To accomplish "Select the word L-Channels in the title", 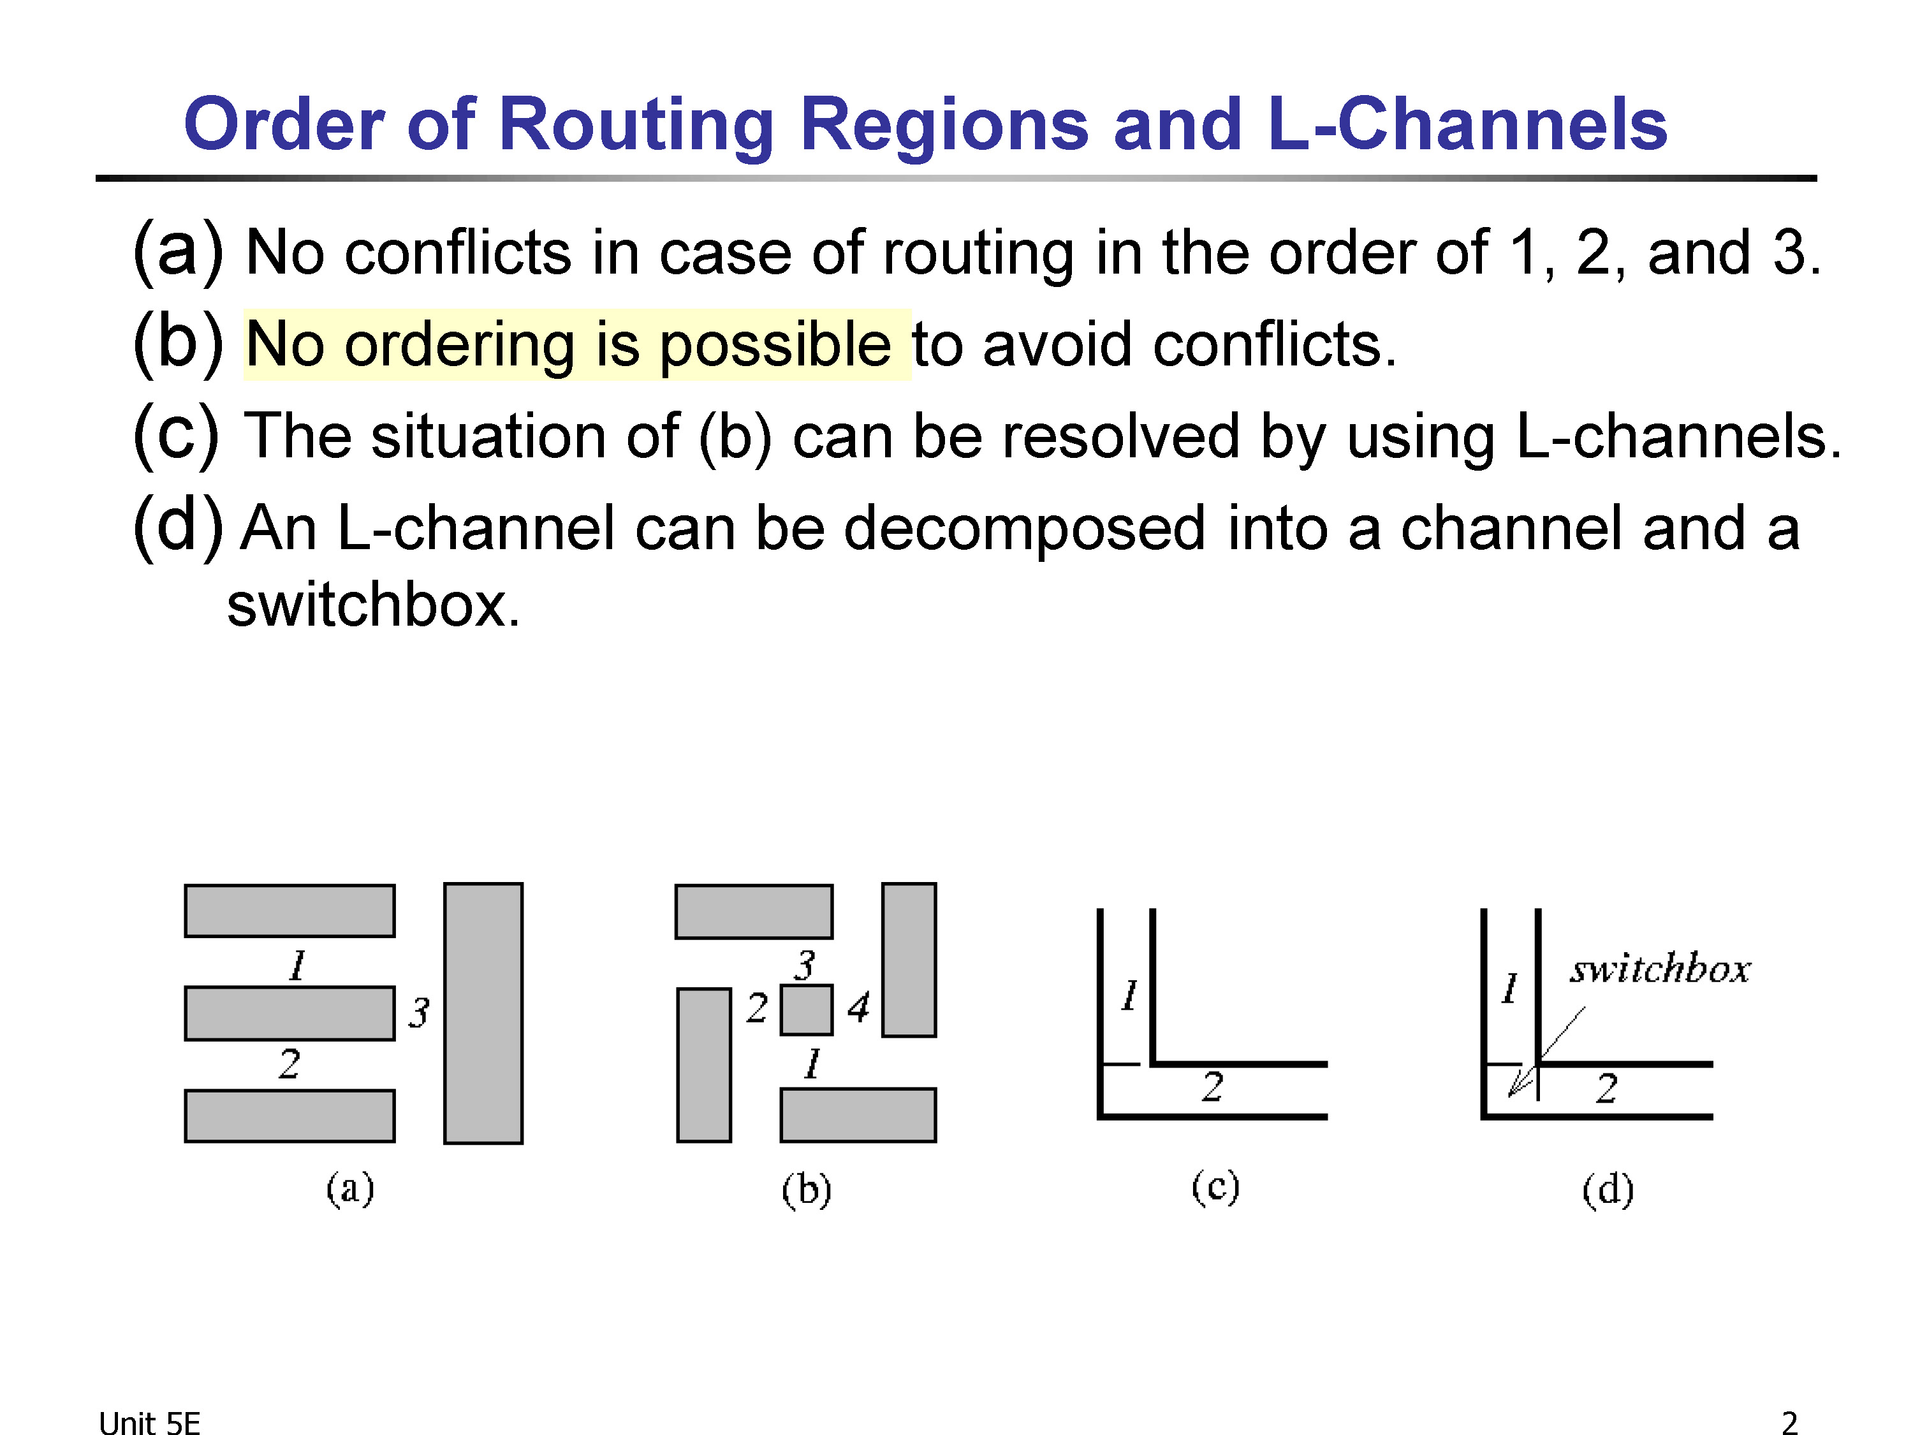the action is pos(1467,124).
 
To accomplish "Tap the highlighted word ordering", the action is pos(459,345).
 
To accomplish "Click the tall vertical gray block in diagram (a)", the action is pos(483,1013).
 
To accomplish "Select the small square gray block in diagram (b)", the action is pos(806,1010).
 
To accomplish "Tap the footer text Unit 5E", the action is pos(150,1423).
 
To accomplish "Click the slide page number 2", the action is pos(1789,1423).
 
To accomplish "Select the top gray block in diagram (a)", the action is pos(290,911).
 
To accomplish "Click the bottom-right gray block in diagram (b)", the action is pos(858,1115).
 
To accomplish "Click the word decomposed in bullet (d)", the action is pos(1024,529).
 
